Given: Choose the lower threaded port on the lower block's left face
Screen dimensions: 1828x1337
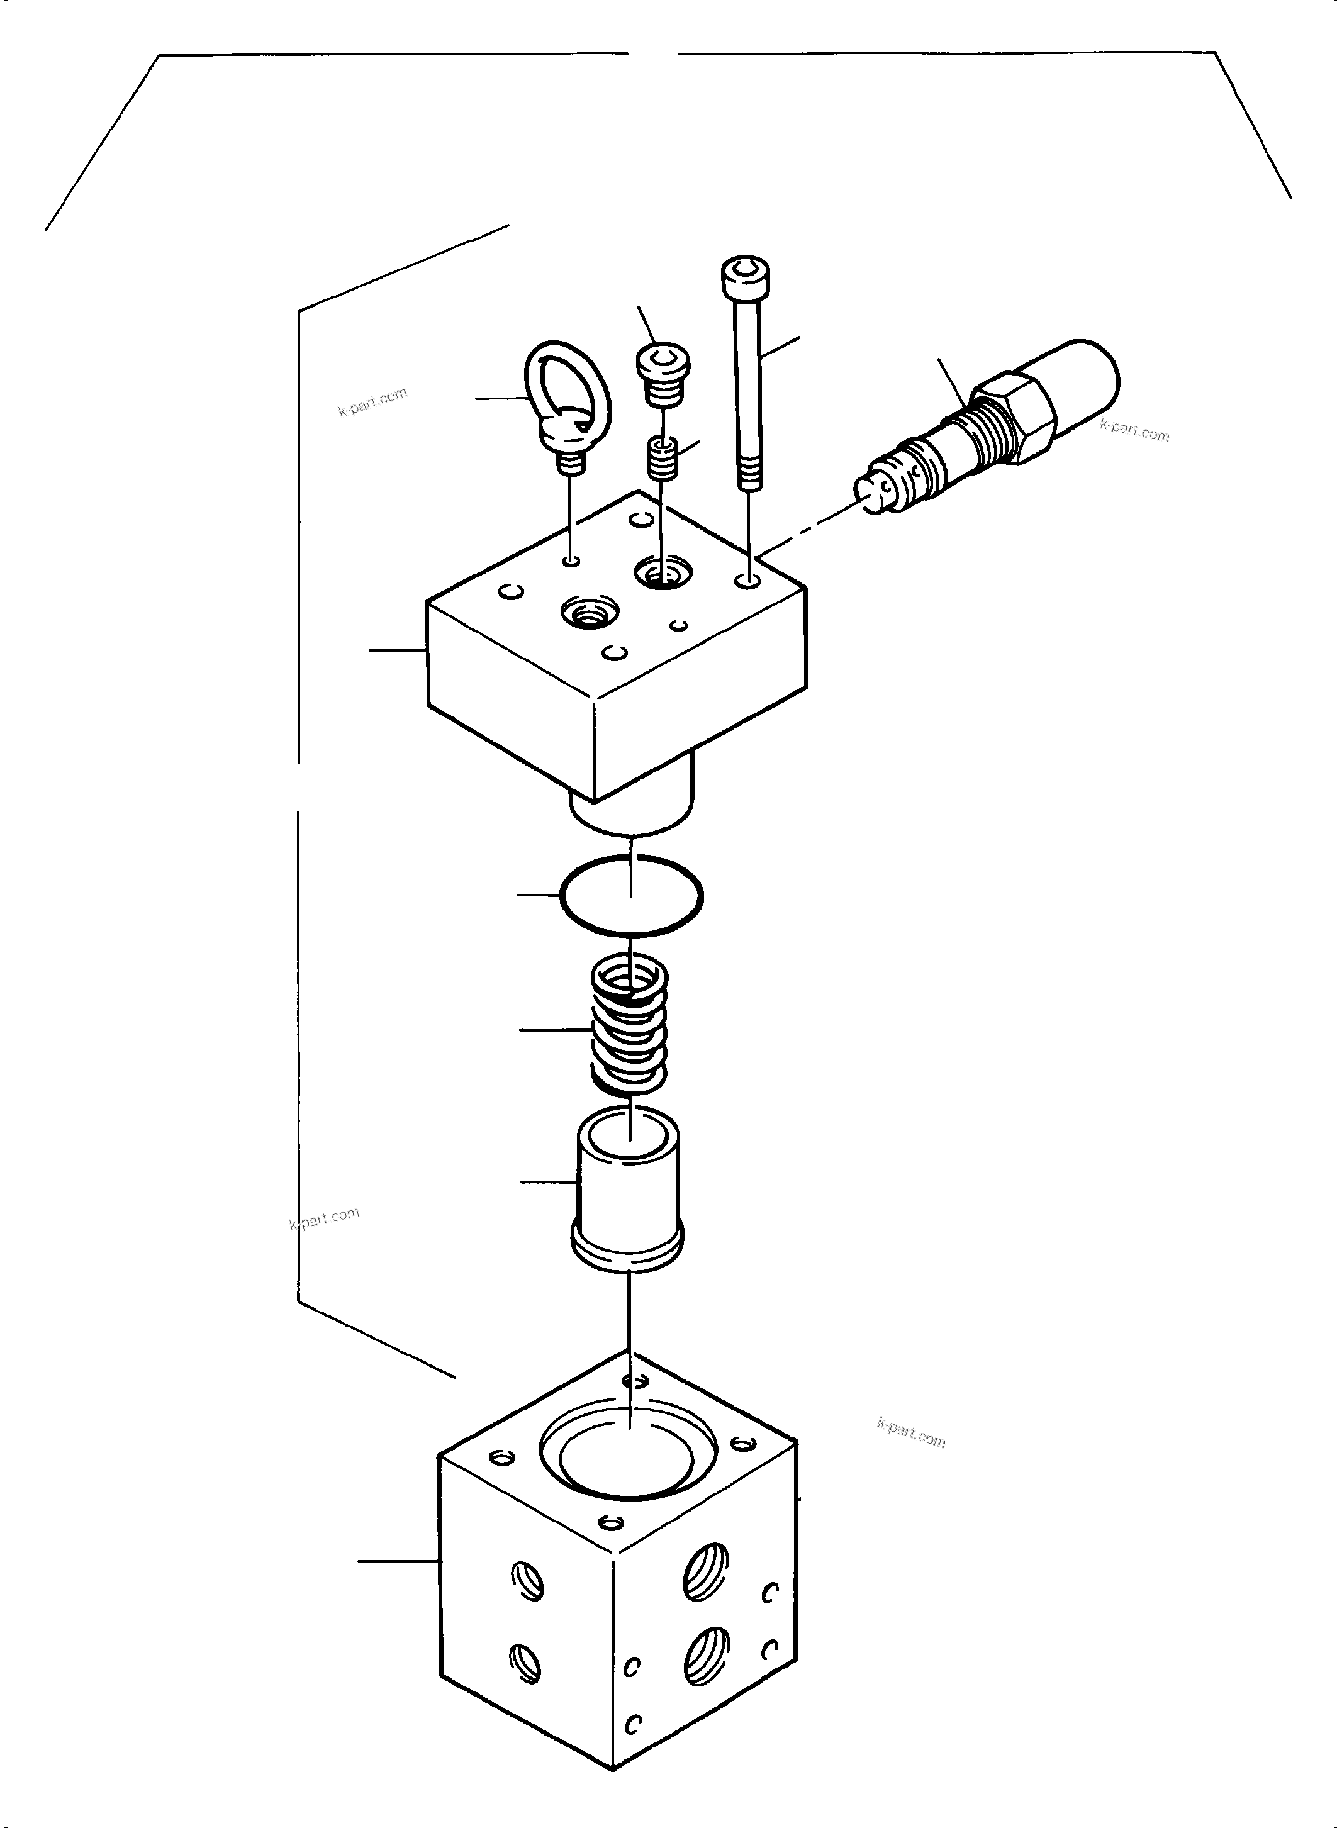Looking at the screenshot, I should pos(525,1664).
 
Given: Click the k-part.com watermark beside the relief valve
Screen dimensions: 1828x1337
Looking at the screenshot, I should pos(1134,432).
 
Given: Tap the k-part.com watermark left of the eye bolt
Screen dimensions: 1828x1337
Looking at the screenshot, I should pos(372,402).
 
